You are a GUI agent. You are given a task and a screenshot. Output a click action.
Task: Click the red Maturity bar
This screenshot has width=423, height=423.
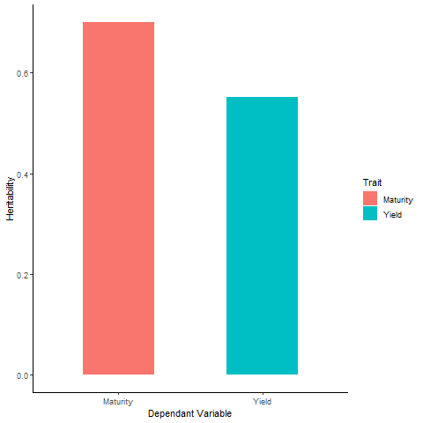click(118, 198)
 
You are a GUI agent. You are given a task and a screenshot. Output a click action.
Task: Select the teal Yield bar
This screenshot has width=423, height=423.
click(262, 235)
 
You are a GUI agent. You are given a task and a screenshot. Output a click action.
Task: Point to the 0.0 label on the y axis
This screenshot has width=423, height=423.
click(22, 375)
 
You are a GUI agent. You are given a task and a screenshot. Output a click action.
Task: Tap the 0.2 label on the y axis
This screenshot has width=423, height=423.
click(22, 275)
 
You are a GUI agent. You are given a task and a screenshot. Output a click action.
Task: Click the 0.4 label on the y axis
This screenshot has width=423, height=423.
click(22, 174)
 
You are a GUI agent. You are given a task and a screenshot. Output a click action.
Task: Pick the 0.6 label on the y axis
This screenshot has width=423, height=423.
click(22, 73)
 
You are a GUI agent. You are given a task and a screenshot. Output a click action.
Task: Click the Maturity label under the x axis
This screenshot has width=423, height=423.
click(118, 402)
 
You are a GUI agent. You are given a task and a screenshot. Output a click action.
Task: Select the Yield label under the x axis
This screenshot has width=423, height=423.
click(262, 402)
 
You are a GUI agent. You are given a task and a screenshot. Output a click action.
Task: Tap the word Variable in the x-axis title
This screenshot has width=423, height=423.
click(214, 413)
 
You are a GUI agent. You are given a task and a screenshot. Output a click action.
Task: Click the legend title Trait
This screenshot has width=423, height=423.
click(371, 182)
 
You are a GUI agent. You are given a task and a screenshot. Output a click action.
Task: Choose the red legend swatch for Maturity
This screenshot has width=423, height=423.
click(370, 199)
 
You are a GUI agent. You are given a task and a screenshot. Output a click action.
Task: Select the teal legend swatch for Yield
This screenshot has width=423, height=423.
click(370, 214)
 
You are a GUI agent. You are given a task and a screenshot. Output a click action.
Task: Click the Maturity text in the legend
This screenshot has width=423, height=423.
click(398, 200)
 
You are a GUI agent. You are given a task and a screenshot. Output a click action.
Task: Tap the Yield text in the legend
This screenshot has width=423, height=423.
click(392, 215)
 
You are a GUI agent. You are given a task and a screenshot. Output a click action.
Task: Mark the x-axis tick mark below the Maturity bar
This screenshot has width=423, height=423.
click(118, 394)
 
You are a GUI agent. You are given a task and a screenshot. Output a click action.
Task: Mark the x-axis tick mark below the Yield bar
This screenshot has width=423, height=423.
click(262, 394)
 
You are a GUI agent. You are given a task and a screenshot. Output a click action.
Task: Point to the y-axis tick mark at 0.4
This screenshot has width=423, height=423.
click(31, 174)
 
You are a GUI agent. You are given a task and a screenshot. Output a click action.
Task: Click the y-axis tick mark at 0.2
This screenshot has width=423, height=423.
click(31, 275)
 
